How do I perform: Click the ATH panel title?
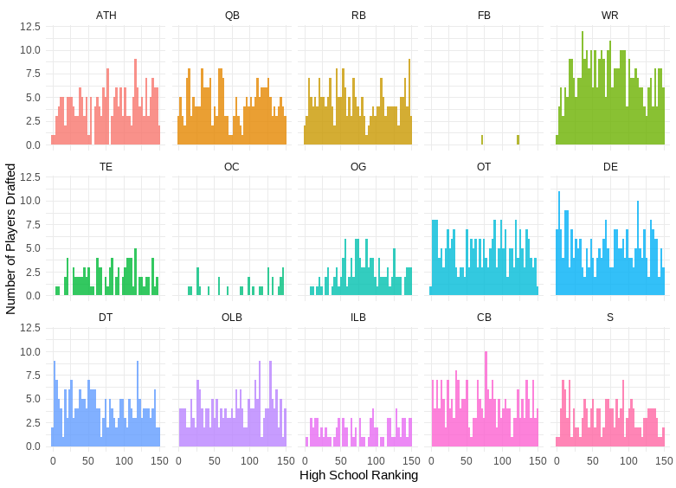click(106, 16)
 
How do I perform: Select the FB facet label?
click(484, 16)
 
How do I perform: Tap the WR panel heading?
click(609, 16)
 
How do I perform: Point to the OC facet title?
click(232, 166)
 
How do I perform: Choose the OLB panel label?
click(232, 317)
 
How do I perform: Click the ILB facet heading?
click(358, 317)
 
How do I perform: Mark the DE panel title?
click(609, 166)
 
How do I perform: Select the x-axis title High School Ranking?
click(358, 475)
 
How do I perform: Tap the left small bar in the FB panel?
click(482, 140)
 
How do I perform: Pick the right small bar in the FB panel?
click(518, 140)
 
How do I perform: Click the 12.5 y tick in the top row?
click(30, 27)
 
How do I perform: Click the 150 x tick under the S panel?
click(664, 461)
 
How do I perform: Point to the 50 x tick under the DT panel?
click(88, 461)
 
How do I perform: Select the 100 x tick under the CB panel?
click(501, 461)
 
